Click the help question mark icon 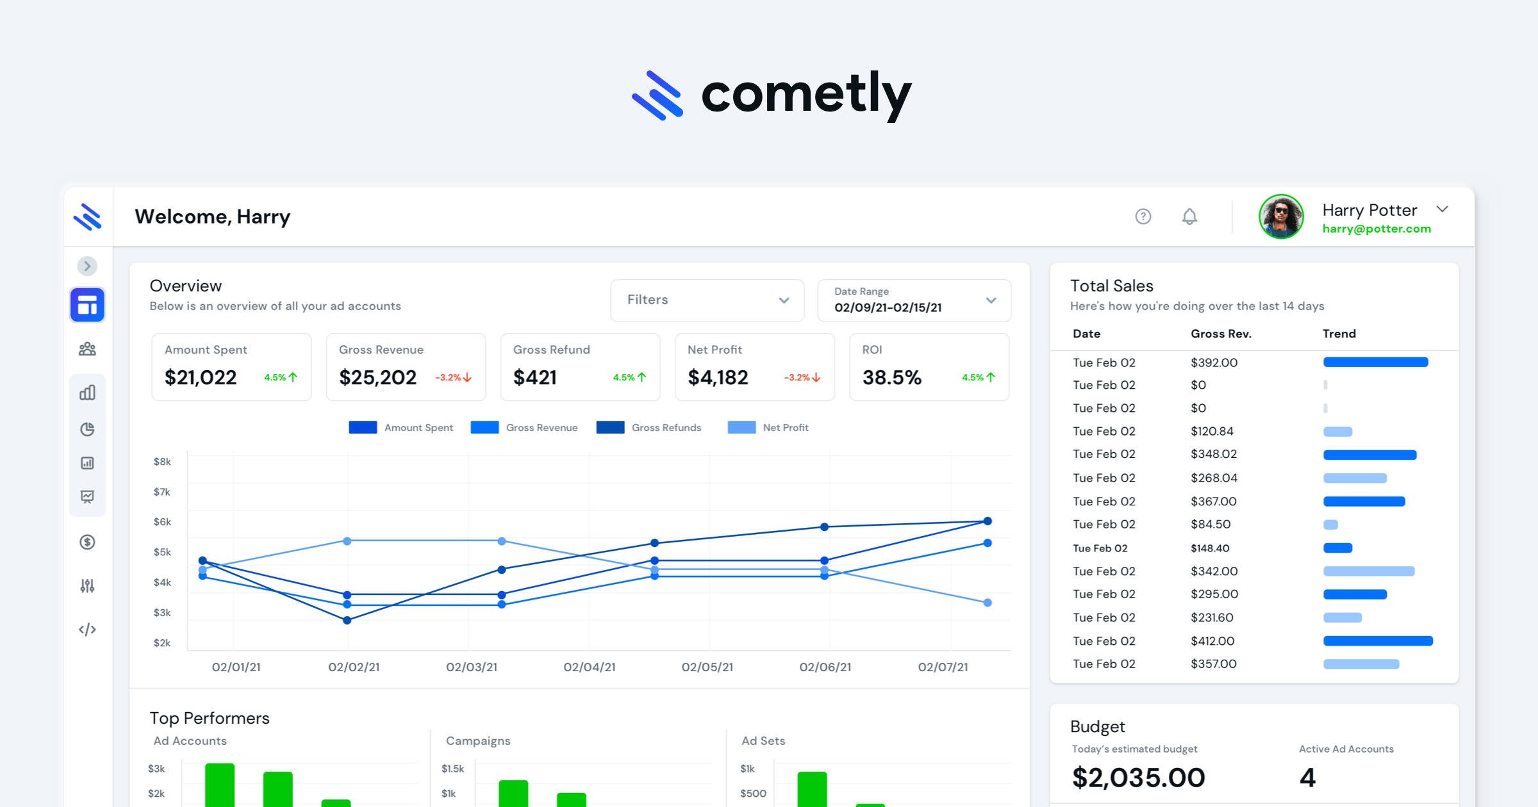tap(1143, 216)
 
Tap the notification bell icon tap(1189, 216)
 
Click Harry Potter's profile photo tap(1281, 216)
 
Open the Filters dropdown tap(707, 300)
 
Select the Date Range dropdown tap(914, 300)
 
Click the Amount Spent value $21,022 tap(201, 377)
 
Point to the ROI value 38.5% tap(891, 377)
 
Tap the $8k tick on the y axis tap(162, 462)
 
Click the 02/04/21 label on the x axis tap(589, 667)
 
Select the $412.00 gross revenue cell tap(1212, 641)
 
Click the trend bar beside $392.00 tap(1375, 363)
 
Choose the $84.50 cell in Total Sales tap(1211, 525)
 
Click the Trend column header tap(1339, 334)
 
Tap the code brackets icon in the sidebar tap(88, 630)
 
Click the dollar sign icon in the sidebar tap(88, 542)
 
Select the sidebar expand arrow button tap(88, 266)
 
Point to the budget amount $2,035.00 tap(1138, 778)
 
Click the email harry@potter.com tap(1377, 229)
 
